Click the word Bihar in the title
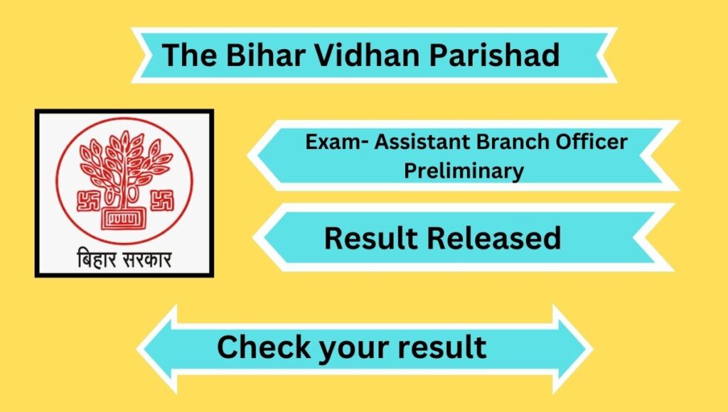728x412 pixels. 265,54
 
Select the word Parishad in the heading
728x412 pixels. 494,54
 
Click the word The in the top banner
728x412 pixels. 189,54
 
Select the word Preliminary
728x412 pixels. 464,171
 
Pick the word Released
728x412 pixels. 494,238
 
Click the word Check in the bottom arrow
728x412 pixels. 264,347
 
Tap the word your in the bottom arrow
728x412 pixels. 354,350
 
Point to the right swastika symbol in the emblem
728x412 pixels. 162,200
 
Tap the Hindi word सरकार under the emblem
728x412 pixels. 147,259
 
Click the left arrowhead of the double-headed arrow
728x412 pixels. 158,349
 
